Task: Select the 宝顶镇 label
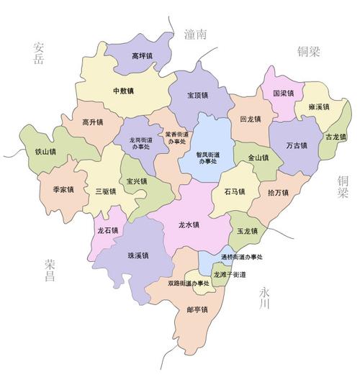coord(197,95)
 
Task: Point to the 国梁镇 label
coord(284,94)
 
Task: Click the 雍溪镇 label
coord(318,107)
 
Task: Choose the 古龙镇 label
coord(336,137)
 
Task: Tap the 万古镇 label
coord(296,146)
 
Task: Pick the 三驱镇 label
coord(105,191)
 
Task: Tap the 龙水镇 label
coord(189,225)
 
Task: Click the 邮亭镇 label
coord(197,310)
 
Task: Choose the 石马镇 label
coord(235,191)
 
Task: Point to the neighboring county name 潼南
coord(195,34)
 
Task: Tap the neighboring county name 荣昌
coord(49,269)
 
